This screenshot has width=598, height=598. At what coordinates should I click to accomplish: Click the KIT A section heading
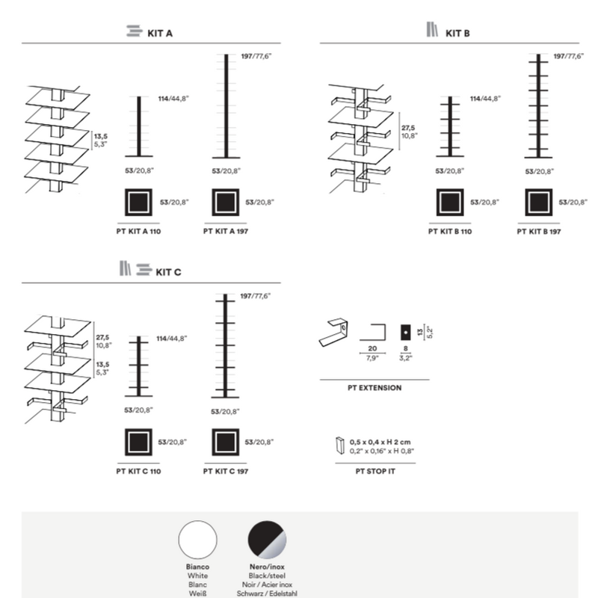click(161, 32)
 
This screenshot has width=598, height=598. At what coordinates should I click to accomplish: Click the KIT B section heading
click(457, 32)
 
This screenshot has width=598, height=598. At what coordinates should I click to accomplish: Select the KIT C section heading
click(167, 272)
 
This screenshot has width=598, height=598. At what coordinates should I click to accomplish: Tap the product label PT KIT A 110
click(139, 232)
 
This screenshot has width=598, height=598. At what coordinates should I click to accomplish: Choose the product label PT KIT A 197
click(225, 232)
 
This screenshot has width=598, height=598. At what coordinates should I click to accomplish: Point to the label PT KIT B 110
click(450, 232)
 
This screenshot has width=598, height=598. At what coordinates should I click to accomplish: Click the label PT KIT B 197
click(538, 232)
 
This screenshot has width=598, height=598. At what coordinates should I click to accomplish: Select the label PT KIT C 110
click(139, 472)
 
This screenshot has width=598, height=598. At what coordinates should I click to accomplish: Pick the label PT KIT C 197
click(225, 472)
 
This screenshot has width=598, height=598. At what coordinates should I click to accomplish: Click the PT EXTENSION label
click(374, 388)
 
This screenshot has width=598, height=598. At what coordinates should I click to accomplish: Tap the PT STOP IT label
click(374, 472)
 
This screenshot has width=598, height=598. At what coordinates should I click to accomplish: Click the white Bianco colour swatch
click(197, 540)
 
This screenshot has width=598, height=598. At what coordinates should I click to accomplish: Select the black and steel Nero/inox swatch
click(268, 540)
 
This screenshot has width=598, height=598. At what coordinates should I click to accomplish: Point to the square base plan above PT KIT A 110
click(139, 203)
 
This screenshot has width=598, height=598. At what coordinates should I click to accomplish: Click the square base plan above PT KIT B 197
click(538, 203)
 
